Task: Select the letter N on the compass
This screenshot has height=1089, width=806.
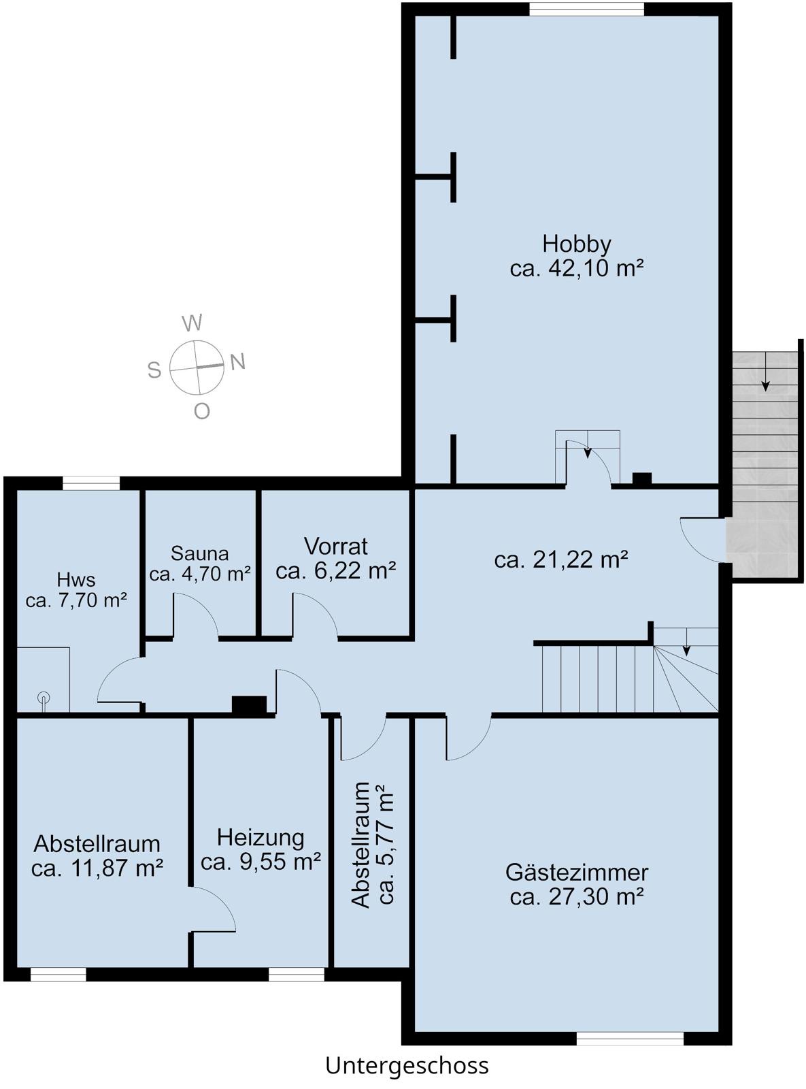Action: (237, 362)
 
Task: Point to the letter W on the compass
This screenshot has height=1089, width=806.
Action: (192, 323)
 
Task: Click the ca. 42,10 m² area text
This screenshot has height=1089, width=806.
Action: (577, 269)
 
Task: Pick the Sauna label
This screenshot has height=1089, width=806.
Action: (200, 554)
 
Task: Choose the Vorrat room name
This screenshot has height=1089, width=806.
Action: (336, 547)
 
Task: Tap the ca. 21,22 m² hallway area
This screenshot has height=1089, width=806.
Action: (561, 559)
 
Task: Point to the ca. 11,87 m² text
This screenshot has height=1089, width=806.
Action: (97, 868)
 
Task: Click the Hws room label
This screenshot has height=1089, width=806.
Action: (76, 580)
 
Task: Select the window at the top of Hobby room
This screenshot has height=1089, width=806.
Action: (586, 9)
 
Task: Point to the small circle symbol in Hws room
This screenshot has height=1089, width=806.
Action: (44, 697)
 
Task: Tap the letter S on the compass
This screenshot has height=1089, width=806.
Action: (154, 370)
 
